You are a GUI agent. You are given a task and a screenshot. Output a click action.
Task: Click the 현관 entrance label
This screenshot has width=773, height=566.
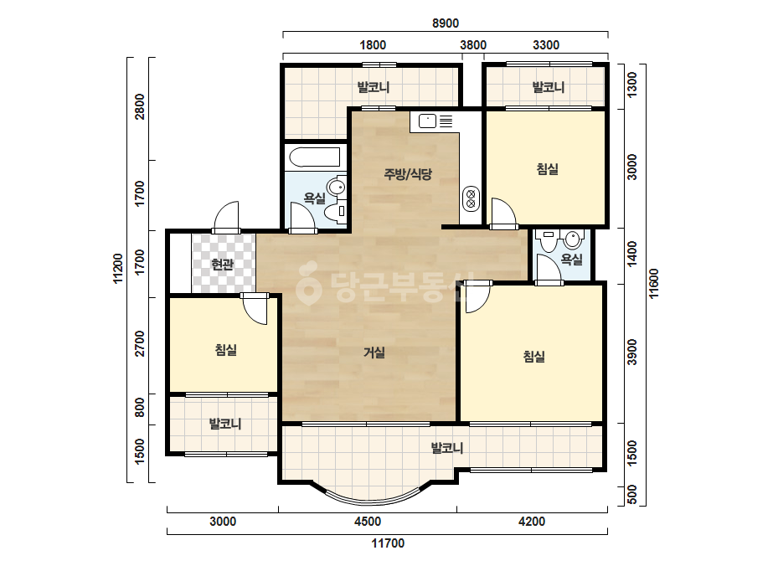(222, 265)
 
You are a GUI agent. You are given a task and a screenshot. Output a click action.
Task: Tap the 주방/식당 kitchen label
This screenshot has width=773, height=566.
(408, 173)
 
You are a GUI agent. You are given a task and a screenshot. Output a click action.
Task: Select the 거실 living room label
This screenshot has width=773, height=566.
(374, 352)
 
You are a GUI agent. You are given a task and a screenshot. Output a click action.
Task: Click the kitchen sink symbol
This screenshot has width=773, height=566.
(435, 121)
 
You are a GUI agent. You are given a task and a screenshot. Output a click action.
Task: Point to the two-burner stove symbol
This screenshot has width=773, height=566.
(471, 198)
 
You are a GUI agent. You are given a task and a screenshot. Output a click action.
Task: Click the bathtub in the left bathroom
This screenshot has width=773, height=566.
(315, 157)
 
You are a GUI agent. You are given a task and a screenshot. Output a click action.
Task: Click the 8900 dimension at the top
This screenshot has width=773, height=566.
(446, 23)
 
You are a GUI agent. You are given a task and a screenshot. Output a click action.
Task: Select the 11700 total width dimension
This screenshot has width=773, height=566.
(388, 543)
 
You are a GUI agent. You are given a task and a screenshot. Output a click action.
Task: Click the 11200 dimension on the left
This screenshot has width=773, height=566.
(117, 269)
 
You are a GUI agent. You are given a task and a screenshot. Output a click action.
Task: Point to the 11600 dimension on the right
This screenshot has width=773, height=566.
(654, 284)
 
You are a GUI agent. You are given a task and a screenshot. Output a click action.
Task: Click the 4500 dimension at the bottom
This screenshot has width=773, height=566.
(368, 521)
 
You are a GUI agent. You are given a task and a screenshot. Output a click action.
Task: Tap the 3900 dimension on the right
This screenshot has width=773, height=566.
(632, 352)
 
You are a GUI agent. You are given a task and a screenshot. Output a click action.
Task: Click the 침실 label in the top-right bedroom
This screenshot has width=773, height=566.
(547, 169)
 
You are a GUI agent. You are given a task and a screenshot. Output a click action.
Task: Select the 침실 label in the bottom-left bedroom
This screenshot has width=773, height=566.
(226, 350)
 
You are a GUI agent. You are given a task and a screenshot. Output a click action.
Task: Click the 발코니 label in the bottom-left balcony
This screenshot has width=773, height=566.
(224, 424)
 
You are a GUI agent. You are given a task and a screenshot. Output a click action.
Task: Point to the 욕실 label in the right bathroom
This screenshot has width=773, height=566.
(572, 260)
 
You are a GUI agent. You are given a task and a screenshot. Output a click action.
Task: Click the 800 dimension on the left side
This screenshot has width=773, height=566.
(140, 408)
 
